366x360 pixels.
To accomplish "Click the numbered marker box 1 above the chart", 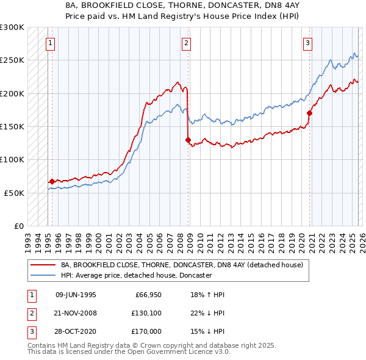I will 49,43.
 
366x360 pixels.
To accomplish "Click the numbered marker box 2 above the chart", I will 185,43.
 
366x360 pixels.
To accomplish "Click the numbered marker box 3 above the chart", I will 308,43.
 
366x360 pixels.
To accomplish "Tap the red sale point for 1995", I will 52,181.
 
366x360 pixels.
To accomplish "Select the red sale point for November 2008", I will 188,140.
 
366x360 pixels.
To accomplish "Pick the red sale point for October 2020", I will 310,113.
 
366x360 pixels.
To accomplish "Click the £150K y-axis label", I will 12,126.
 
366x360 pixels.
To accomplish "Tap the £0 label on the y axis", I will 18,226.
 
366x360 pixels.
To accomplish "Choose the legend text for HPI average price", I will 136,276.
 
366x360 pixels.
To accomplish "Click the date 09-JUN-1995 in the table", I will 76,294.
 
